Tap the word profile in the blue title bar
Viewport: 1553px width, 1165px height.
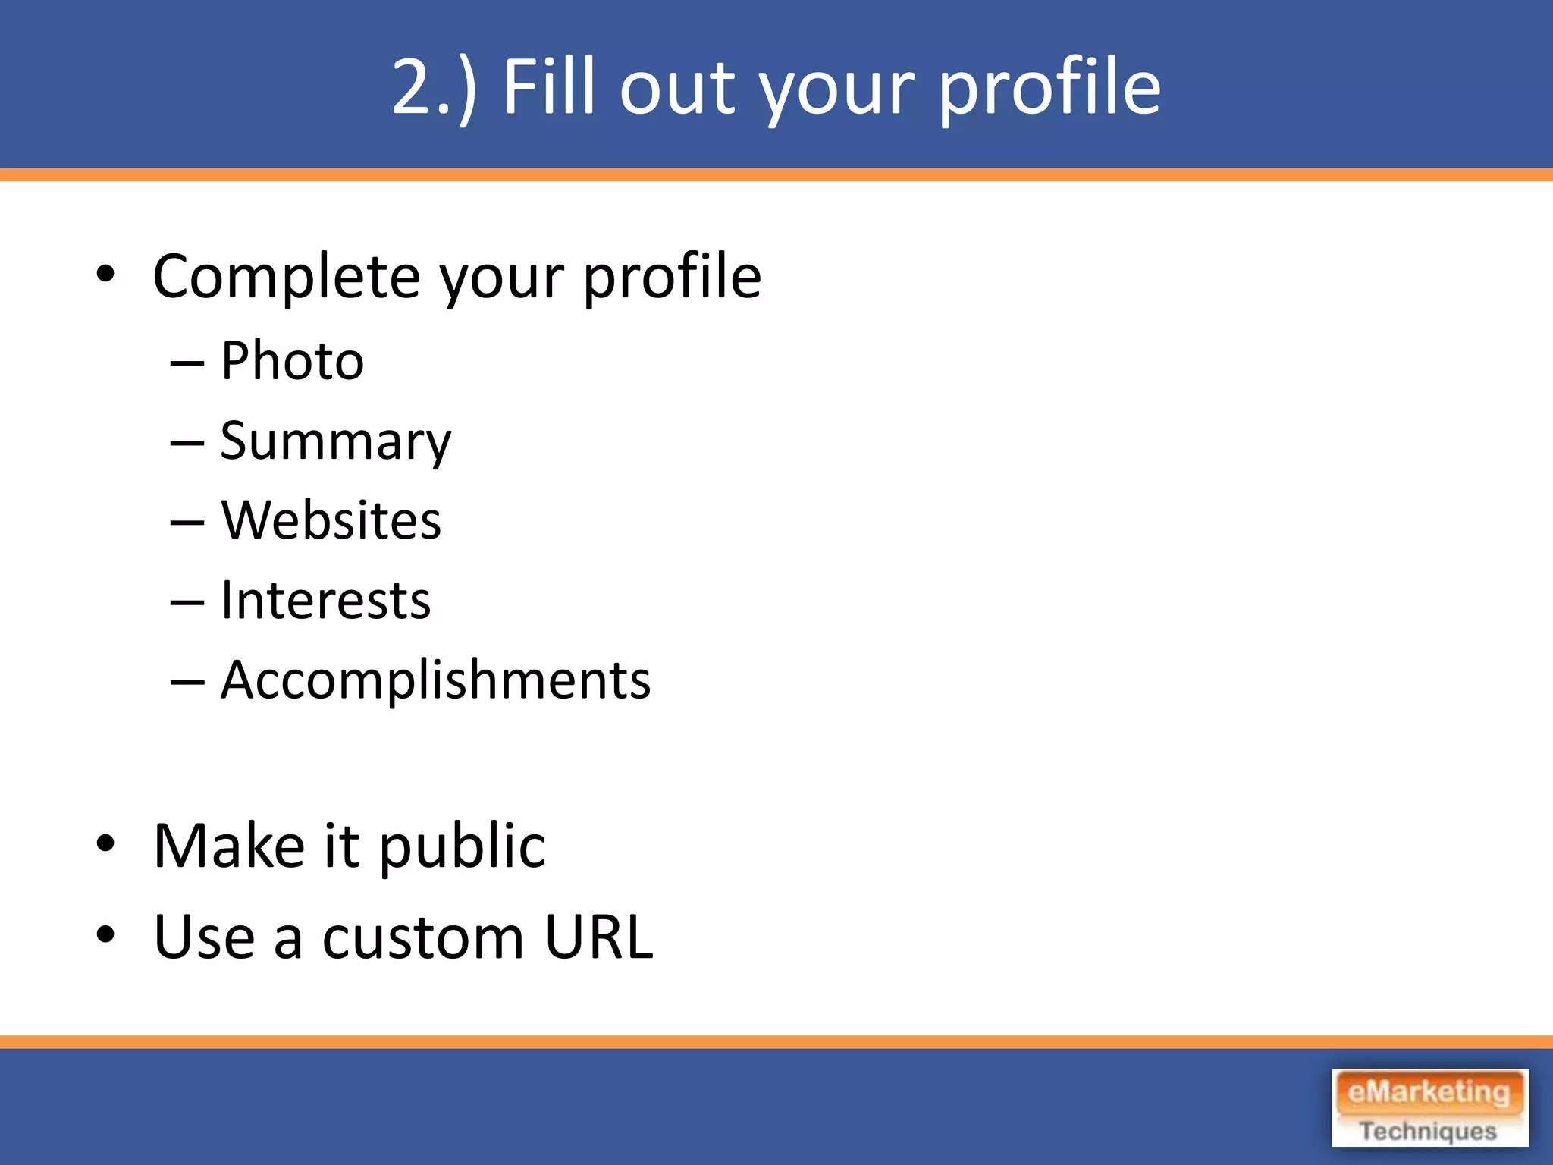[x=1049, y=89]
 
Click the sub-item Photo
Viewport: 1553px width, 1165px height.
[x=292, y=361]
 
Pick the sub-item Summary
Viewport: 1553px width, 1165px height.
[x=335, y=442]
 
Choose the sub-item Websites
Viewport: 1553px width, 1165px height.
[x=331, y=521]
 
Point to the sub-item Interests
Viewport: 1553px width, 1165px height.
[x=325, y=601]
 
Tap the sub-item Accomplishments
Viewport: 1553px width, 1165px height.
[x=435, y=680]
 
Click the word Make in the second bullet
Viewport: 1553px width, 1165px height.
[x=229, y=846]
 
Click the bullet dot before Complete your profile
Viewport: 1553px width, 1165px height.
[x=105, y=275]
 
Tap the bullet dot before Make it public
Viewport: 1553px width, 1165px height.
[x=105, y=843]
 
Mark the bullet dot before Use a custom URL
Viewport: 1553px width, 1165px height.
[x=105, y=935]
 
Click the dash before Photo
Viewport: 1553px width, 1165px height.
[x=187, y=364]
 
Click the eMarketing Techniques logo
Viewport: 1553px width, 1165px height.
[x=1429, y=1108]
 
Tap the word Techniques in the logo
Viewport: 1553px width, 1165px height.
[x=1428, y=1131]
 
